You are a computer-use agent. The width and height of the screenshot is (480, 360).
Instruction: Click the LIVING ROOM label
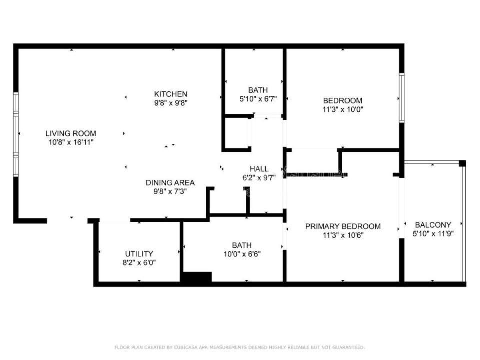click(71, 134)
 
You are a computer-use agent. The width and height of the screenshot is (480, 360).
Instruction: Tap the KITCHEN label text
click(171, 94)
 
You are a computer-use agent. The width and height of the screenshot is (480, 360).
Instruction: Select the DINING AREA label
click(170, 183)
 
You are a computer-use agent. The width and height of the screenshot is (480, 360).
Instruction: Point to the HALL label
click(259, 169)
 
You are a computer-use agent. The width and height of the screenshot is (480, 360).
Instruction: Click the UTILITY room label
click(139, 254)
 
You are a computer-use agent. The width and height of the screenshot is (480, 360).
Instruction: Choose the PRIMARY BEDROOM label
click(343, 227)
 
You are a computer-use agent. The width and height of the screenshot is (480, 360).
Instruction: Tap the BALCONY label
click(433, 225)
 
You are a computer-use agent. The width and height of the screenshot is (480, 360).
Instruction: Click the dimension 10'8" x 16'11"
click(71, 142)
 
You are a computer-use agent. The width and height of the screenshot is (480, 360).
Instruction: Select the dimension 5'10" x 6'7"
click(258, 99)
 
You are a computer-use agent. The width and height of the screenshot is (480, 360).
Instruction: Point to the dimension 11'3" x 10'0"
click(343, 109)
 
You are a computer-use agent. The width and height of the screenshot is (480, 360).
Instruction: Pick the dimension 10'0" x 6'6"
click(242, 254)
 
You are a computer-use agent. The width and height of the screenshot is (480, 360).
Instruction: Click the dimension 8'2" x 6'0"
click(139, 263)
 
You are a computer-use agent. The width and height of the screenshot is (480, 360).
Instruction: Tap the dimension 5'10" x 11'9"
click(433, 234)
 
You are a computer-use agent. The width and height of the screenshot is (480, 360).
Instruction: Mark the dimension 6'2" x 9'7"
click(259, 178)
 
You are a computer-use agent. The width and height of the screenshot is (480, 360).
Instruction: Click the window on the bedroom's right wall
click(402, 98)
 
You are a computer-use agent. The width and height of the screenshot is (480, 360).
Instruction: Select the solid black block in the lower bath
click(197, 276)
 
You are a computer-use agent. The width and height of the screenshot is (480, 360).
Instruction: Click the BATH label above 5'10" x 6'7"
click(258, 90)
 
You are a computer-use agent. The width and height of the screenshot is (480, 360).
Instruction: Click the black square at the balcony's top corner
click(462, 163)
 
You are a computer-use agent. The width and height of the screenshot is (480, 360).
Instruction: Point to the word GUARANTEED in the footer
click(348, 347)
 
